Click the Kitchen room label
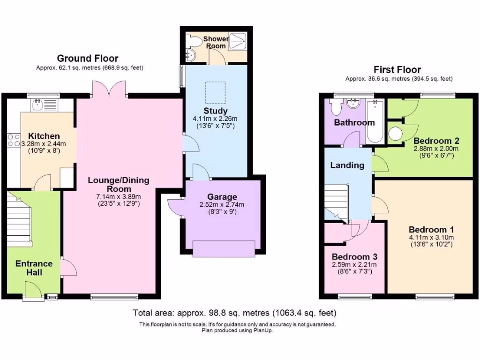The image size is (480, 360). coord(45,136)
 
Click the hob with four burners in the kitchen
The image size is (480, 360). coord(13,140)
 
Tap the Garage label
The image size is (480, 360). coord(222,197)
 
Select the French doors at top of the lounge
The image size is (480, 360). coord(110,90)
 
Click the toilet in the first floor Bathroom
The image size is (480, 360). coord(336,108)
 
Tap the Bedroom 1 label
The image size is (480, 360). coord(431,230)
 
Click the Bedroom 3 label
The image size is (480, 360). coord(354,257)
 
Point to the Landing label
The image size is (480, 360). coord(347,165)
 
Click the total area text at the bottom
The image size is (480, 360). coord(234,313)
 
